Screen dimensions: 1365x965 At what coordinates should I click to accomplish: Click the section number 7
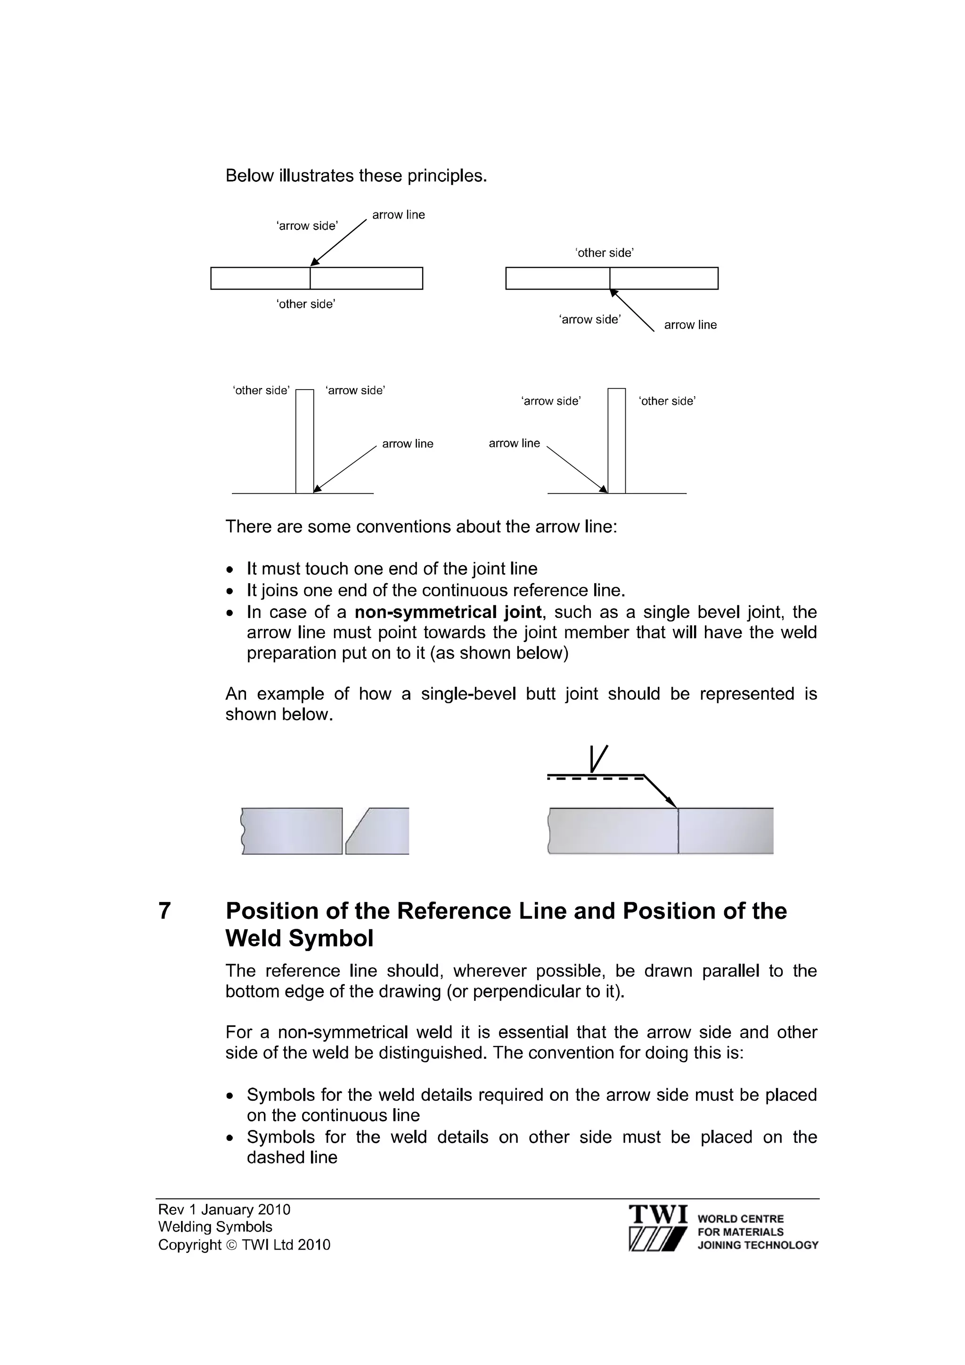(165, 911)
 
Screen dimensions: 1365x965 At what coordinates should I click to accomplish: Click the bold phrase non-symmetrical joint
(448, 612)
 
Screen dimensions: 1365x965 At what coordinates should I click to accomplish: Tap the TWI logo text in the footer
(658, 1214)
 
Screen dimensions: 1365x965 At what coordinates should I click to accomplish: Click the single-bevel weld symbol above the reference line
(597, 759)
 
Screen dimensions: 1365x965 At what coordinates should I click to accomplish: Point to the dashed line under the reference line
(595, 779)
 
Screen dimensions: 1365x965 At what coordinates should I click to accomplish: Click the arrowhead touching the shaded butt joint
(672, 803)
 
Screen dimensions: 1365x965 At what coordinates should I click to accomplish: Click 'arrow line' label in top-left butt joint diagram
(398, 215)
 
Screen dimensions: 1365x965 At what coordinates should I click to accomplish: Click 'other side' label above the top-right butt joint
(604, 252)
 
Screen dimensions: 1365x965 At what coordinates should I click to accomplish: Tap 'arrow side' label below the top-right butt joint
(590, 319)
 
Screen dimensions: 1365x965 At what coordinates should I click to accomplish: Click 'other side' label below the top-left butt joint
(306, 304)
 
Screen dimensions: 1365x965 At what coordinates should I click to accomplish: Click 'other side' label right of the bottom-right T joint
(667, 401)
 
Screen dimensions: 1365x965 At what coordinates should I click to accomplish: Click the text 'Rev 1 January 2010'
(224, 1209)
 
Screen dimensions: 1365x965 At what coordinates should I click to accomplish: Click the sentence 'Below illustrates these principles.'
(356, 176)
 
